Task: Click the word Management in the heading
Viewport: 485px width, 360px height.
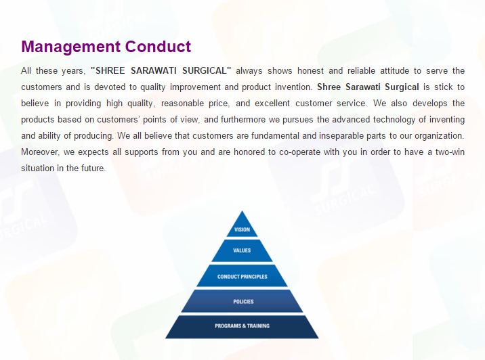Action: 71,47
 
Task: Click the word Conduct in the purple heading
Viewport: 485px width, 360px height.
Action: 158,46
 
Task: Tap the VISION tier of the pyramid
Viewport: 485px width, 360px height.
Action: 242,224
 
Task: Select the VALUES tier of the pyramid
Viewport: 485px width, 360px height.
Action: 242,250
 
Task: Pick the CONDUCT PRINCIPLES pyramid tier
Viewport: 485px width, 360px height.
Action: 242,275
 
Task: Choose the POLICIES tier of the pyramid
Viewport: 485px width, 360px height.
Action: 242,301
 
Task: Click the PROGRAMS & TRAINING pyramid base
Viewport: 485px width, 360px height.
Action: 242,327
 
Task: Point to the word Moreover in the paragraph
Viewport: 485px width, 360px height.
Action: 40,152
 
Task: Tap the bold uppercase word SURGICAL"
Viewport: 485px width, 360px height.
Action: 207,71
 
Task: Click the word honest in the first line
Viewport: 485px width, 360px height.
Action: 310,71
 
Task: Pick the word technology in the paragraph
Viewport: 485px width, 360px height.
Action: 394,120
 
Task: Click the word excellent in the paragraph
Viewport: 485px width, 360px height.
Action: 272,104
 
